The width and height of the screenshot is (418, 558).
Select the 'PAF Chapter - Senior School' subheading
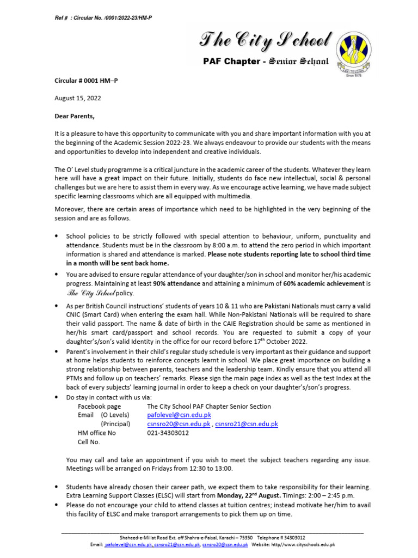pyautogui.click(x=265, y=62)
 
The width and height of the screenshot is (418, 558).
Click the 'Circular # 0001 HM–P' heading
pyautogui.click(x=86, y=81)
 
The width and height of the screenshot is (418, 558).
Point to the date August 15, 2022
pyautogui.click(x=77, y=98)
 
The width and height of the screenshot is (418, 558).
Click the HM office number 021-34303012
pyautogui.click(x=168, y=433)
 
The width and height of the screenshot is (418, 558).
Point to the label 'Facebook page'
pyautogui.click(x=100, y=406)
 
